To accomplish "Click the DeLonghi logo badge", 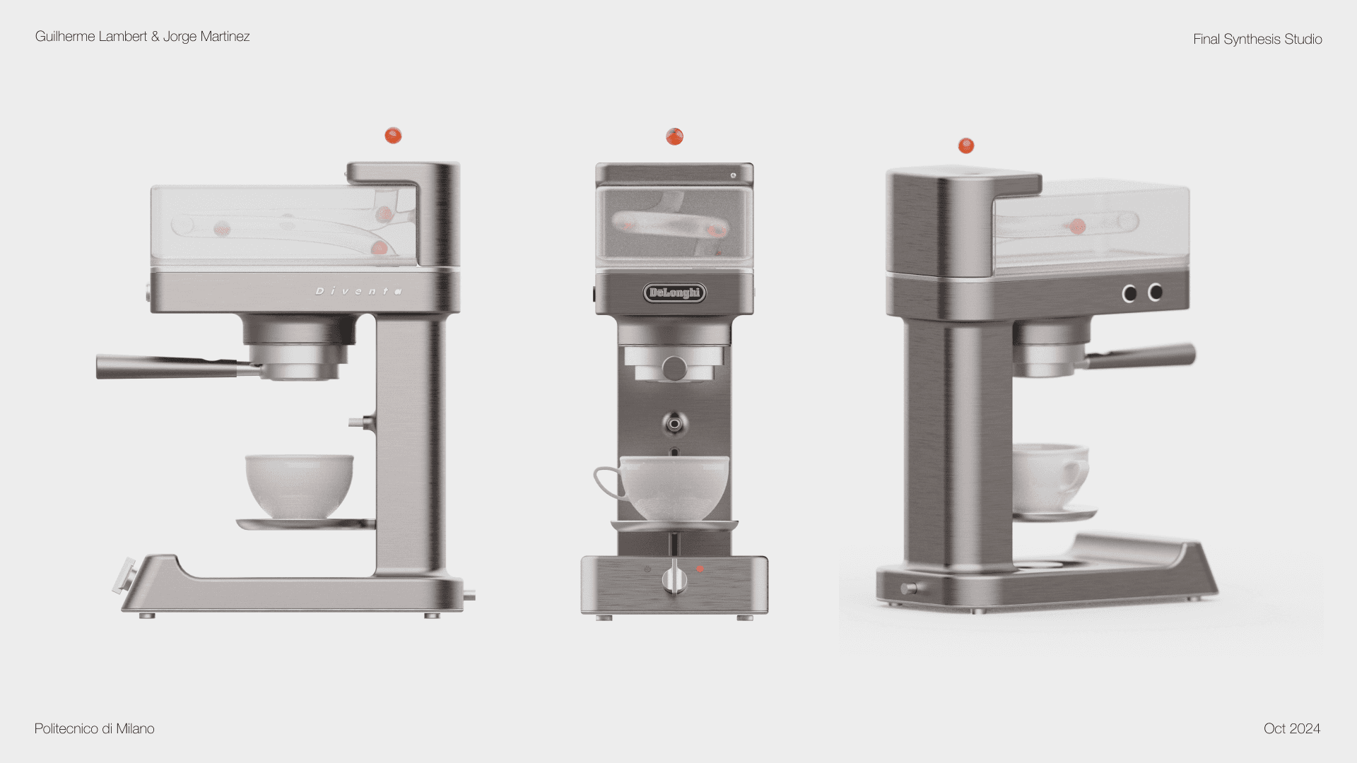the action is tap(674, 292).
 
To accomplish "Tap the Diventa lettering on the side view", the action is tap(359, 291).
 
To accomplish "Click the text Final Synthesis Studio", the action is tap(1257, 40).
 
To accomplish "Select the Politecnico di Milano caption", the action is tap(95, 728).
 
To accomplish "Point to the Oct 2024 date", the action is tap(1292, 728).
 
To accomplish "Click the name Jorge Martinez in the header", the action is tap(206, 36).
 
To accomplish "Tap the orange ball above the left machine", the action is tap(393, 135).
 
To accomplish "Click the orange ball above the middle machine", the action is tap(674, 136).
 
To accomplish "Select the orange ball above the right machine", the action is tap(966, 146).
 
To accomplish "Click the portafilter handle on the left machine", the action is tap(170, 366).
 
